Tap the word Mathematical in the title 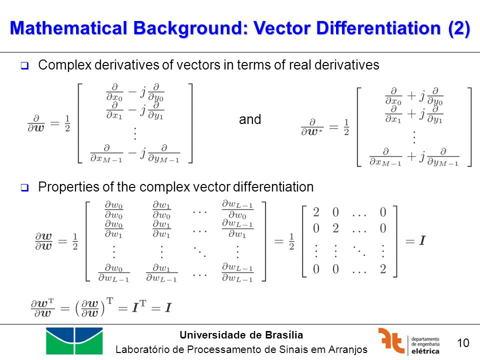(x=68, y=28)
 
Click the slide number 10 (x=463, y=343)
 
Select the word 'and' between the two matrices (x=250, y=119)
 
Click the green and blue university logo (x=74, y=340)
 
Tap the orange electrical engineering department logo (x=391, y=340)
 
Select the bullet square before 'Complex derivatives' (x=24, y=65)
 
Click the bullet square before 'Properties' (x=24, y=187)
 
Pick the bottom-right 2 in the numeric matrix (x=383, y=269)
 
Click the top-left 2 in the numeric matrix (x=316, y=212)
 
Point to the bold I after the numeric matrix (x=422, y=240)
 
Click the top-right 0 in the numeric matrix (x=383, y=212)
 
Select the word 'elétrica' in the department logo (x=425, y=351)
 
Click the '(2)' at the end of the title (x=459, y=28)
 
